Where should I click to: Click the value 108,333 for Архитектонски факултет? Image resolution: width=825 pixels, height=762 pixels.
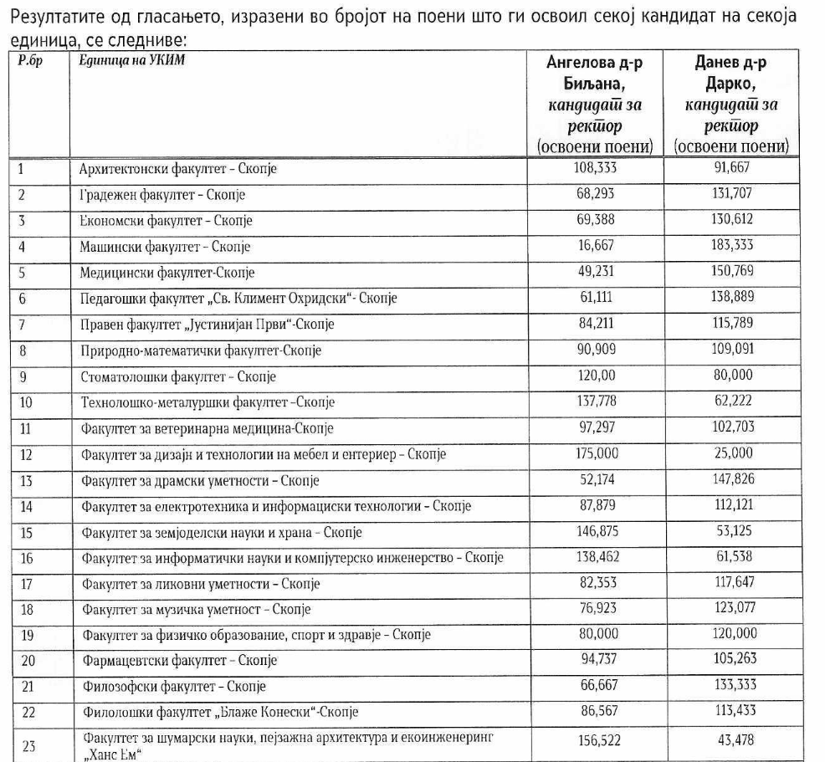coord(597,167)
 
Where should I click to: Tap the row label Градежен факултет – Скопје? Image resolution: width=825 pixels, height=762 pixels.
coord(162,195)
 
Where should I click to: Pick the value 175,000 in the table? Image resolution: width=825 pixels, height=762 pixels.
coord(597,454)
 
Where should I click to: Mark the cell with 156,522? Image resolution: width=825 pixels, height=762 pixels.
coord(597,740)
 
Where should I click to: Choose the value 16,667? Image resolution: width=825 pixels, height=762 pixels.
coord(597,247)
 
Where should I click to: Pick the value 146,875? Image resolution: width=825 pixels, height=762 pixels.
coord(597,532)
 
